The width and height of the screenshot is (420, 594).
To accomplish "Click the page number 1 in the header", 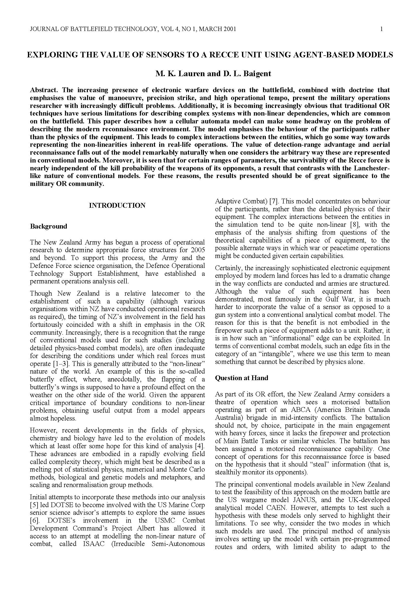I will [381, 29].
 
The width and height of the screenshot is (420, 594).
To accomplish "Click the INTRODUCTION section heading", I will [117, 205].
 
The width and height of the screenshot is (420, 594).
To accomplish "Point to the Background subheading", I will [48, 226].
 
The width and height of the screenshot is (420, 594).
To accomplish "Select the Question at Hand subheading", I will [241, 378].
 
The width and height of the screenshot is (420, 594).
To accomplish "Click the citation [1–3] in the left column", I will [60, 364].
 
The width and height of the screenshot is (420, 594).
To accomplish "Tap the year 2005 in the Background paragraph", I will [198, 250].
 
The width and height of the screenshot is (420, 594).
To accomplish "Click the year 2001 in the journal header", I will [228, 29].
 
